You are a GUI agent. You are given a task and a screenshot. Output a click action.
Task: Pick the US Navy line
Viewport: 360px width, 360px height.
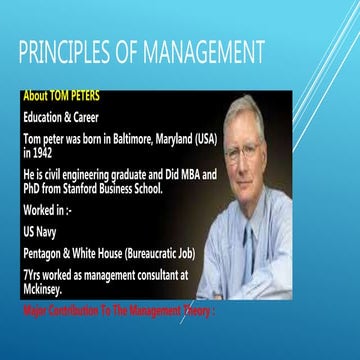pyautogui.click(x=42, y=230)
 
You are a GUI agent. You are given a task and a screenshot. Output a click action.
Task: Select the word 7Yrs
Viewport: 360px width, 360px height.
pyautogui.click(x=34, y=270)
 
